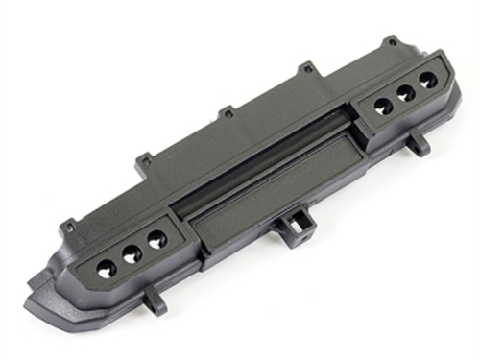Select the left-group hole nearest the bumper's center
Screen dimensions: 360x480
[156, 237]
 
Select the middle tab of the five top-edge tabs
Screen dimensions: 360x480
[228, 113]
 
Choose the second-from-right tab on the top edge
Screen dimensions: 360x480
[305, 69]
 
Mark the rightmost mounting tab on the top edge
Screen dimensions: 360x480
[390, 41]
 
